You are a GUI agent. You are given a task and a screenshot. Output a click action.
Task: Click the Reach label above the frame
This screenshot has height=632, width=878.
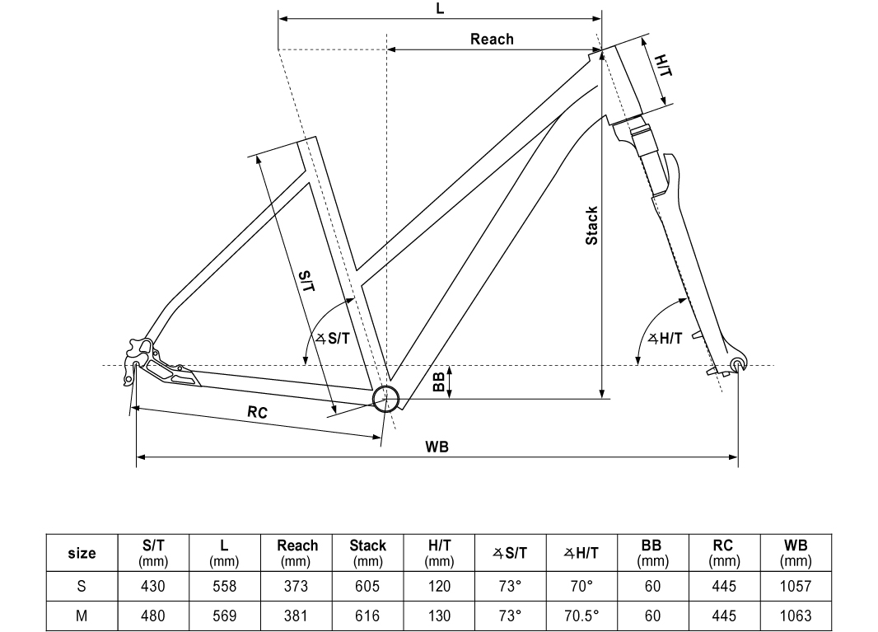[x=492, y=40]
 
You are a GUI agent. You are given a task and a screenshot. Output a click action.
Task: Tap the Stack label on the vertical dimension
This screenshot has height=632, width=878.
[x=591, y=226]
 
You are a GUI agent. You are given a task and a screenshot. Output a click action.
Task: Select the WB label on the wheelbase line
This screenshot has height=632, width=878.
[x=437, y=447]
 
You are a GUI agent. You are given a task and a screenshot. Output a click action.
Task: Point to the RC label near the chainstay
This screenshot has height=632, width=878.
[x=257, y=412]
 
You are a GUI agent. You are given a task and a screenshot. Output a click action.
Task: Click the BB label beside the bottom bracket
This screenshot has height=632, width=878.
[x=439, y=382]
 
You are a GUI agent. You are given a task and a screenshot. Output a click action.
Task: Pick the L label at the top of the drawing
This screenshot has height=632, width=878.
[x=440, y=9]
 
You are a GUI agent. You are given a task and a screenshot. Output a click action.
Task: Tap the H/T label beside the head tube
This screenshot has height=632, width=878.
[x=663, y=66]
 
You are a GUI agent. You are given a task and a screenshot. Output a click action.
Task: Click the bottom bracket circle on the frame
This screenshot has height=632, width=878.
[x=385, y=398]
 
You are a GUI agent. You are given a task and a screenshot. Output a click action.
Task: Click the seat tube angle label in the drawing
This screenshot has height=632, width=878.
[x=333, y=339]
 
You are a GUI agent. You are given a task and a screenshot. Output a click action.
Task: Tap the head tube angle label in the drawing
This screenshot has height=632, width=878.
[x=666, y=339]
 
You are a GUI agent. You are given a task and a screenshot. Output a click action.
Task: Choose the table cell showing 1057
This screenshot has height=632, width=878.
[x=795, y=586]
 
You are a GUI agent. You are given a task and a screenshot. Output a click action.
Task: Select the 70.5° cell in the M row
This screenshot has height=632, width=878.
[x=581, y=616]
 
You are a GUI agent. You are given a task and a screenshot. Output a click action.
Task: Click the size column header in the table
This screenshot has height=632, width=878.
[x=82, y=553]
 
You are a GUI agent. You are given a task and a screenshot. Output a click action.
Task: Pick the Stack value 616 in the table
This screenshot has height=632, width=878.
[x=367, y=616]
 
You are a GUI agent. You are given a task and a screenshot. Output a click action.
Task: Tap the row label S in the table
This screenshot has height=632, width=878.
[x=82, y=586]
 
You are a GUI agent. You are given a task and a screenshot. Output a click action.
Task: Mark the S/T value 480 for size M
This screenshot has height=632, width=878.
[x=153, y=616]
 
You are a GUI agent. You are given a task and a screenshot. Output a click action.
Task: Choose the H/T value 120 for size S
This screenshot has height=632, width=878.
[x=439, y=586]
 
